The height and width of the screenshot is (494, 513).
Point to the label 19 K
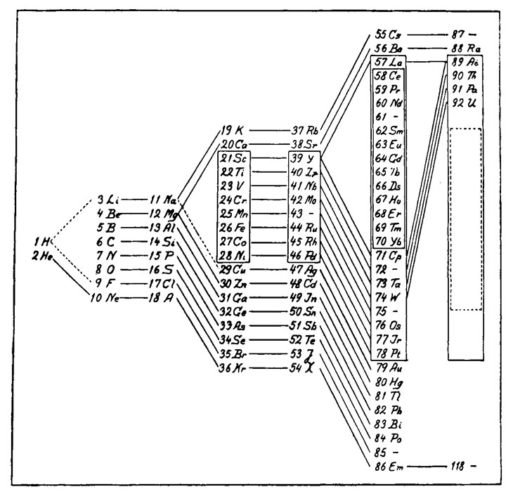[232, 131]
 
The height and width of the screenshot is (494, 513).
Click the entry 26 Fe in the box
[234, 228]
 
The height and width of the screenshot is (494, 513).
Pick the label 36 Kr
[232, 367]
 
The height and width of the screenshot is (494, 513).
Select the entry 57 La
[384, 62]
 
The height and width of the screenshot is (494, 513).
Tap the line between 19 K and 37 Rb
[268, 131]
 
